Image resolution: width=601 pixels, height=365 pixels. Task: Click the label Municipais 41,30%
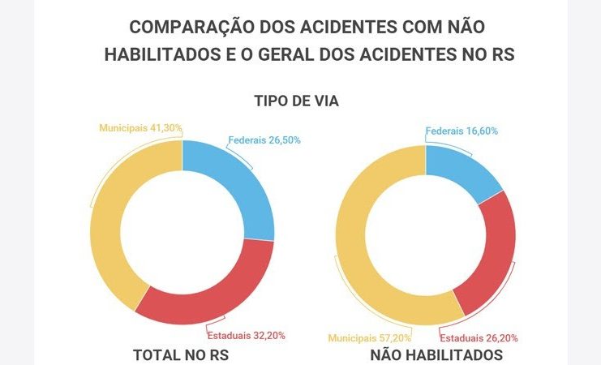(x=140, y=128)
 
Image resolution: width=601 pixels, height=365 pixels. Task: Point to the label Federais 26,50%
(x=264, y=140)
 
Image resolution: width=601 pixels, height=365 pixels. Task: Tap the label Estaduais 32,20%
(x=247, y=335)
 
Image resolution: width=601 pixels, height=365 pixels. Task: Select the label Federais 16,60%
(x=461, y=131)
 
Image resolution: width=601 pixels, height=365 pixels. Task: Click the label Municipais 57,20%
(x=369, y=337)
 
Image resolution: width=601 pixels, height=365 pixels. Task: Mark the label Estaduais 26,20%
(x=479, y=337)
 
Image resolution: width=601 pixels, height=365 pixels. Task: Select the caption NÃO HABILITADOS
(x=436, y=356)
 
